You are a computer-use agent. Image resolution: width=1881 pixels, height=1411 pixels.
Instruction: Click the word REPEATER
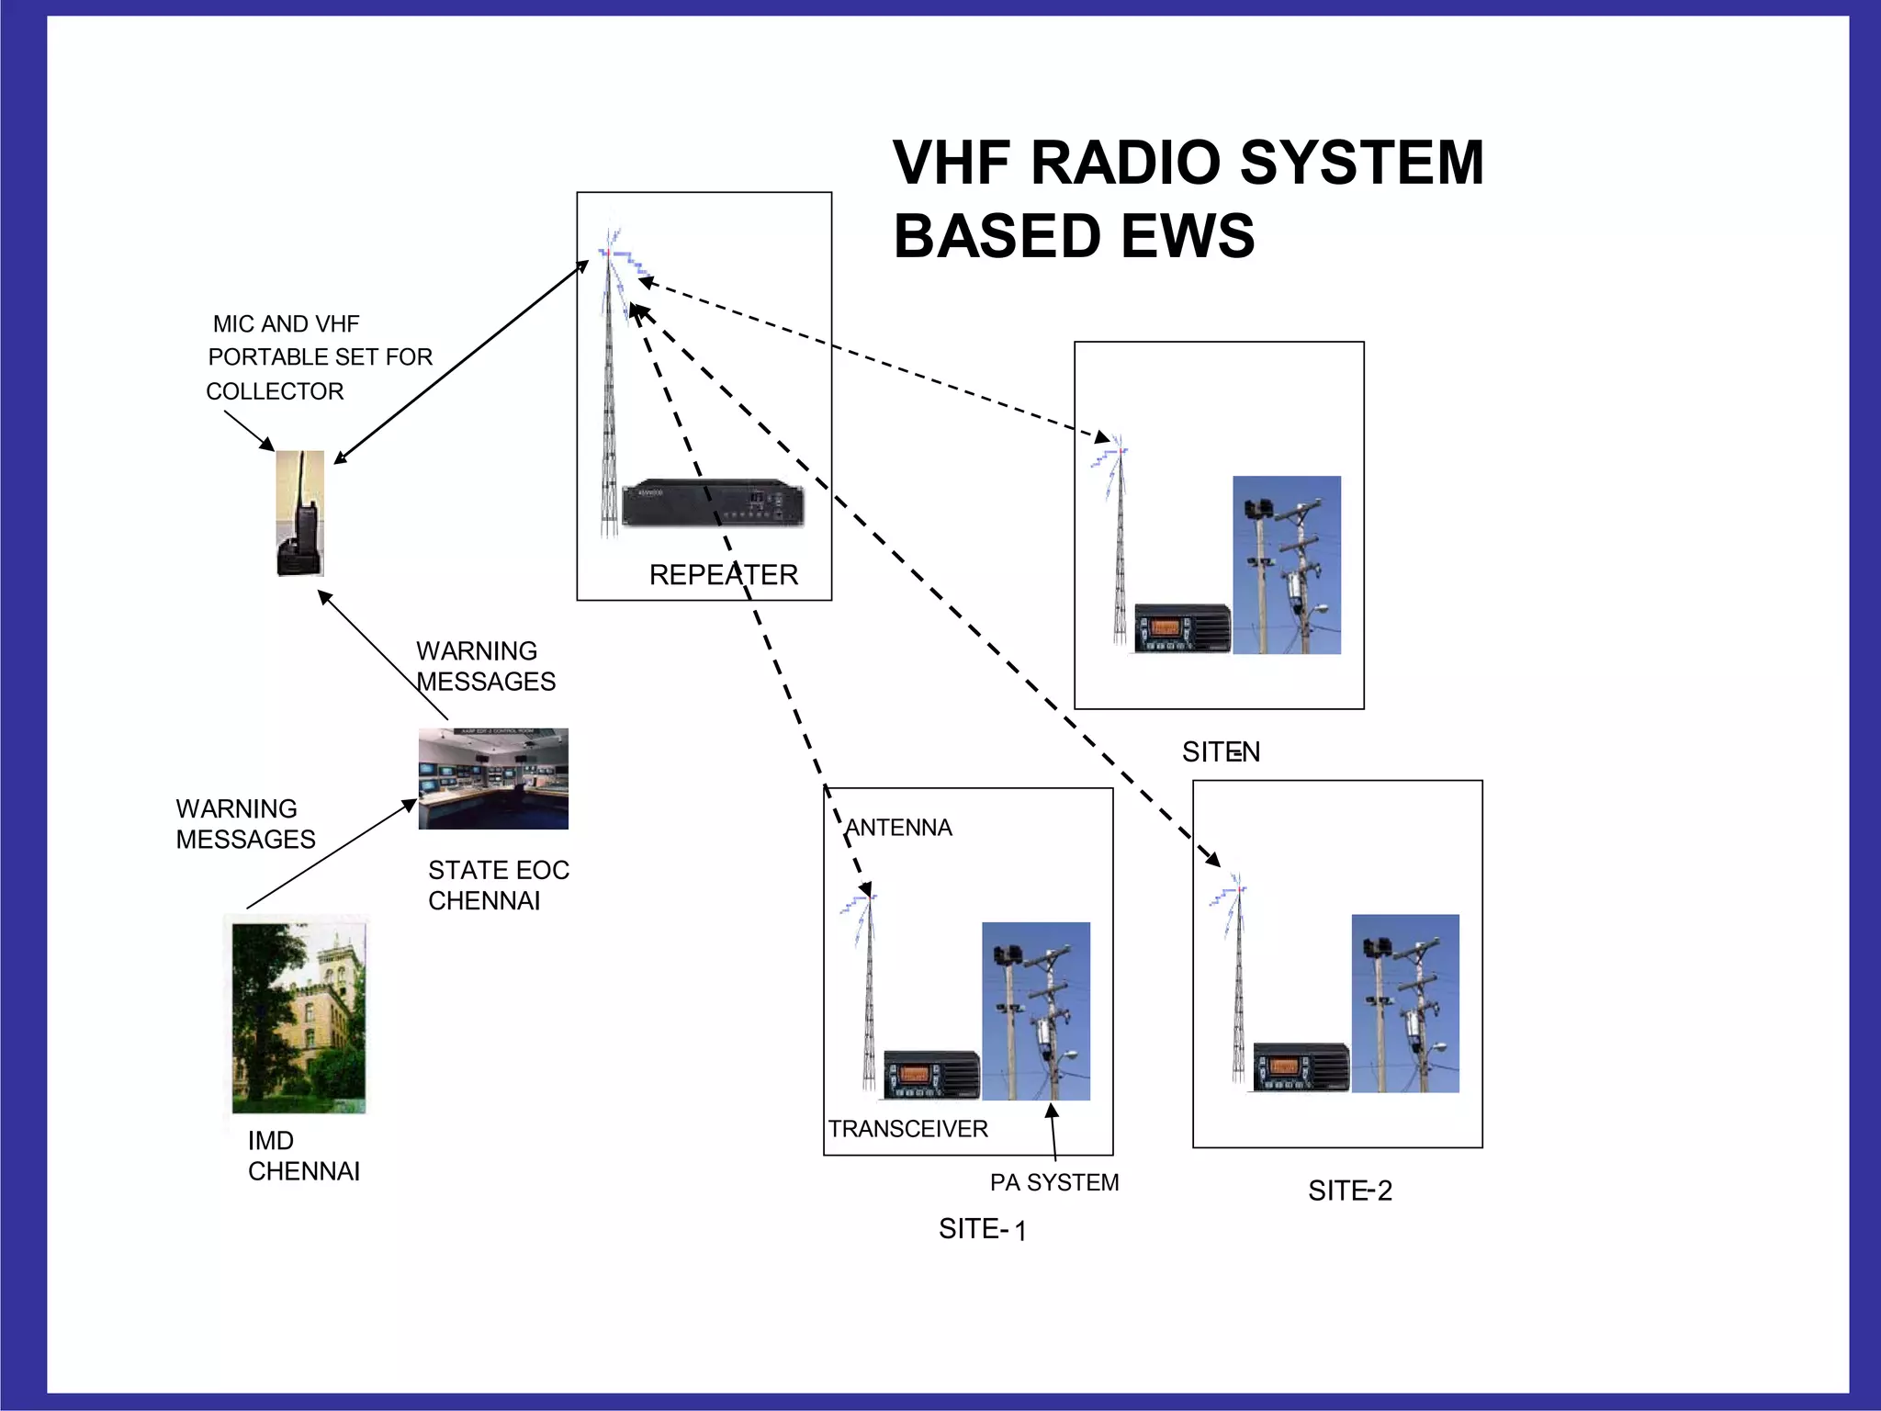pos(723,575)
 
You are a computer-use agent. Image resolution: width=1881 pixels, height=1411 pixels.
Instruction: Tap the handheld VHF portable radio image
pos(300,514)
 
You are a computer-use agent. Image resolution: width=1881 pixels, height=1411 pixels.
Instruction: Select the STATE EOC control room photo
pos(493,779)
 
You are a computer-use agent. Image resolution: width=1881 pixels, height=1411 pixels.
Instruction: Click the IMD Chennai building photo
pos(298,1018)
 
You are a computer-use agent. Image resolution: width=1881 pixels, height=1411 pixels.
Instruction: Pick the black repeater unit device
pos(713,502)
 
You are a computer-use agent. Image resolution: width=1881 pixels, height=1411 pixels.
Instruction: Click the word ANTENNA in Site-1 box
pos(898,828)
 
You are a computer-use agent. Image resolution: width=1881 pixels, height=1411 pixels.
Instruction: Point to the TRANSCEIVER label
pos(907,1129)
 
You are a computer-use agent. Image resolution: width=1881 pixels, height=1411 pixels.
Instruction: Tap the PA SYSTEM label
pos(1053,1182)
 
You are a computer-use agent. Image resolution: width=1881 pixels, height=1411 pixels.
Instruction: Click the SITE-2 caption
pos(1349,1191)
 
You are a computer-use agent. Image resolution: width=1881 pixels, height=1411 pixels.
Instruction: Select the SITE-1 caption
pos(982,1229)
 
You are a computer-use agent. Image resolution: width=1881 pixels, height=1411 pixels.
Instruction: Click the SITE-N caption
pos(1220,752)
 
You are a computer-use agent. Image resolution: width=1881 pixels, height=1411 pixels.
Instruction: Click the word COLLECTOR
pos(275,391)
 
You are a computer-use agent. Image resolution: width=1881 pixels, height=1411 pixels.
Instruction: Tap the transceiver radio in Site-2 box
pos(1301,1067)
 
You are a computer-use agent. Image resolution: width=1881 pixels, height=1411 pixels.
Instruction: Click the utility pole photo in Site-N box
pos(1286,565)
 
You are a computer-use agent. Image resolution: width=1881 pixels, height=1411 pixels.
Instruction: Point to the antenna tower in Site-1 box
pos(867,992)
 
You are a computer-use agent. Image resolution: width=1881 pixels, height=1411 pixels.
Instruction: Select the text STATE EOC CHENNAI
pos(498,885)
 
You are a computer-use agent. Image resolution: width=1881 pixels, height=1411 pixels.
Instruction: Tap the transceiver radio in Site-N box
pos(1181,628)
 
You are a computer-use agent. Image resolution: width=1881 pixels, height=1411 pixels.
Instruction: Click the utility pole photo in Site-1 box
pos(1035,1010)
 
